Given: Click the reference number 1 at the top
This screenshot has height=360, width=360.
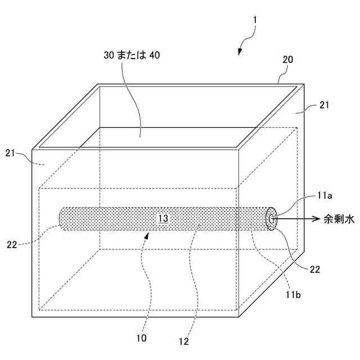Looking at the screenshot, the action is [255, 20].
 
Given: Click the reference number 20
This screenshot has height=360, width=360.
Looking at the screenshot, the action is [287, 59].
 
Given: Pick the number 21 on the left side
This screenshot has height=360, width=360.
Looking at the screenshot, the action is [18, 154].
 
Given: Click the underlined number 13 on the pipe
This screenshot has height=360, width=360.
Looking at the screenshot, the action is [163, 218].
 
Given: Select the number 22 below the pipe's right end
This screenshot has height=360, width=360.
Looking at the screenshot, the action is [315, 269].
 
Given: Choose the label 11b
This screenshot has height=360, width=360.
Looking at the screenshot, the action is [294, 293].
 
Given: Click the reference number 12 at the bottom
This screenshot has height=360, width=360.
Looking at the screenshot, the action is [183, 341].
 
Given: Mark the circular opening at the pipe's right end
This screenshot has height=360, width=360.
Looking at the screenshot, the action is [272, 219].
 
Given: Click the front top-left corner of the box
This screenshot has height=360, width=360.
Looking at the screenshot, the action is [32, 149].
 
